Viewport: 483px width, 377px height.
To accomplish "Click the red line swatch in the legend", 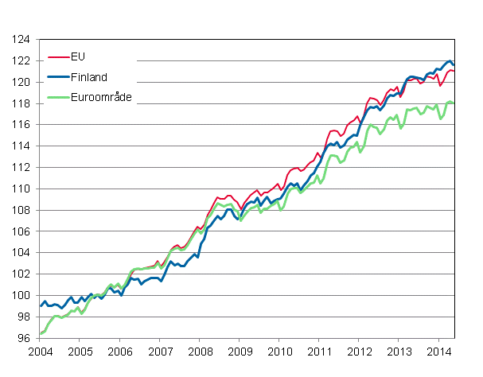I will click(x=58, y=57).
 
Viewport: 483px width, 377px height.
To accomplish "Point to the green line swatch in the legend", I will click(x=58, y=99).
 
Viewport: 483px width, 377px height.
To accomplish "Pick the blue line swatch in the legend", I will click(x=58, y=78).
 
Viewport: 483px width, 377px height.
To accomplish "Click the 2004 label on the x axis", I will click(x=40, y=351).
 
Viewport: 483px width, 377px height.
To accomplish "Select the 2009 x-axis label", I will click(x=240, y=351).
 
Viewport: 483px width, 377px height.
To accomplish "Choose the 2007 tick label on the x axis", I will click(x=160, y=351).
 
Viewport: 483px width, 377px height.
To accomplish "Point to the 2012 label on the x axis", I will click(x=360, y=351).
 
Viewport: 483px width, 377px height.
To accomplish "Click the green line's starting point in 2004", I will click(x=40, y=333).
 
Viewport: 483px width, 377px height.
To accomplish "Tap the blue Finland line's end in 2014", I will click(x=454, y=64).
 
